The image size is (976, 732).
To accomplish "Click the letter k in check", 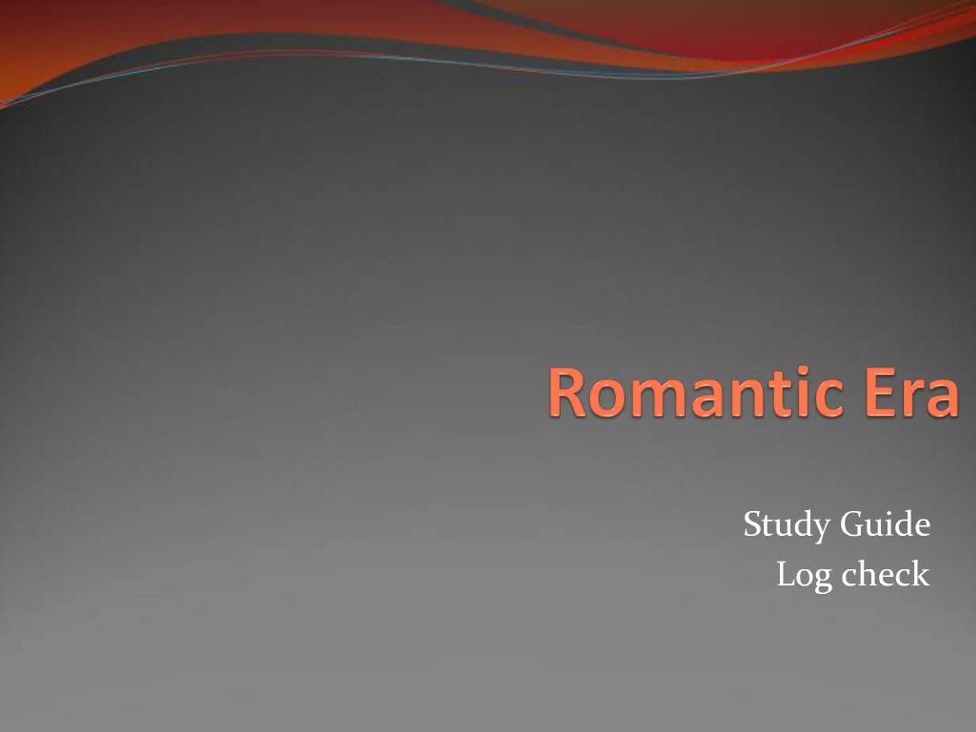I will [920, 574].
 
